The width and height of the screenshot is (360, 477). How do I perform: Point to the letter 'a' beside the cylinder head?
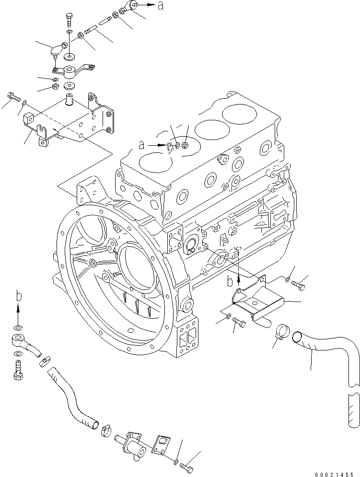tap(141, 143)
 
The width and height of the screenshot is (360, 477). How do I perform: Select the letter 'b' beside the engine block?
tap(230, 279)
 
